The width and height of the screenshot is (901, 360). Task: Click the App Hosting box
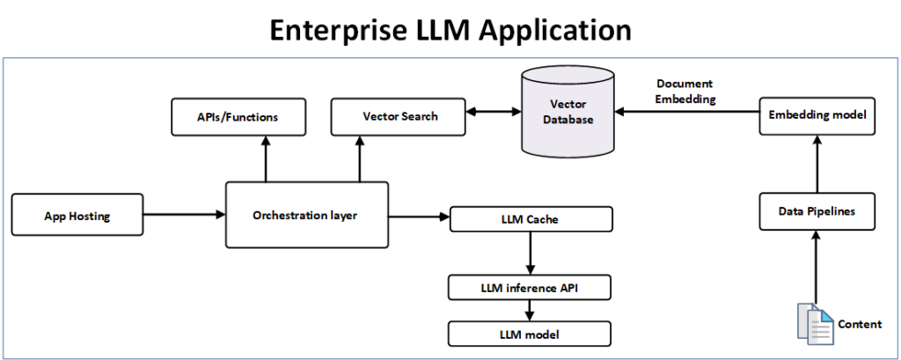(77, 215)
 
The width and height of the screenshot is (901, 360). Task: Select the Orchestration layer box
(306, 214)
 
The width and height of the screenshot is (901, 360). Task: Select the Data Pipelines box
(817, 211)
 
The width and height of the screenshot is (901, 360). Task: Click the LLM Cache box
(531, 218)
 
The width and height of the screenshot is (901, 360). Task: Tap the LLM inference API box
(528, 288)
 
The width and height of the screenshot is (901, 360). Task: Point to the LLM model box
(528, 334)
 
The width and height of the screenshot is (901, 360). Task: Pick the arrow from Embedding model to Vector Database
(686, 113)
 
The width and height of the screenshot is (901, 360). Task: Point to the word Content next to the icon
(860, 324)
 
